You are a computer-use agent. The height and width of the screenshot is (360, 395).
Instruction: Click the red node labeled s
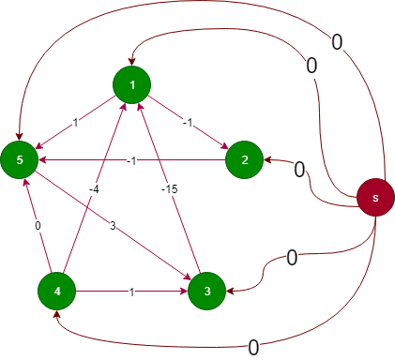click(375, 198)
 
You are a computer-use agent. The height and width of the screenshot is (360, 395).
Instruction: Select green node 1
click(132, 85)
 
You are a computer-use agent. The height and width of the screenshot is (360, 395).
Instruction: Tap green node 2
click(244, 160)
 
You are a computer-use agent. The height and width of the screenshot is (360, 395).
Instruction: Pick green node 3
click(206, 292)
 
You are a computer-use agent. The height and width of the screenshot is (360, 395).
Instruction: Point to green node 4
click(57, 292)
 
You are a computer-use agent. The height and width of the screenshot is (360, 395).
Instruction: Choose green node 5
click(20, 160)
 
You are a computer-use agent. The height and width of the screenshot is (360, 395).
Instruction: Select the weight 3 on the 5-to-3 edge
click(112, 226)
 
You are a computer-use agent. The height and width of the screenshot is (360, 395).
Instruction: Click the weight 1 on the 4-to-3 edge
click(132, 292)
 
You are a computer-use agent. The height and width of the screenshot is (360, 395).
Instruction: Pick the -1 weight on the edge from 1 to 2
click(188, 123)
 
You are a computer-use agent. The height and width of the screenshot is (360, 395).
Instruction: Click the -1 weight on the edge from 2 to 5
click(132, 160)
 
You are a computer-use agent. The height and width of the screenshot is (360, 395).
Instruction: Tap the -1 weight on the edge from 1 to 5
click(75, 123)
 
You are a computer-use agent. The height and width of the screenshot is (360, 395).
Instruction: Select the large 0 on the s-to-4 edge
click(253, 347)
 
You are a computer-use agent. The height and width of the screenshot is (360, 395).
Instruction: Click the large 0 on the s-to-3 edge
click(292, 256)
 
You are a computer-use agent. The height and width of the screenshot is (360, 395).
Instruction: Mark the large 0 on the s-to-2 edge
click(299, 170)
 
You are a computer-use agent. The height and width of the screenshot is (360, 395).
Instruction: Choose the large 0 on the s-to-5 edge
click(337, 41)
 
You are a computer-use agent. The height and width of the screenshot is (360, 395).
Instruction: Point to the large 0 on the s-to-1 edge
click(311, 67)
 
